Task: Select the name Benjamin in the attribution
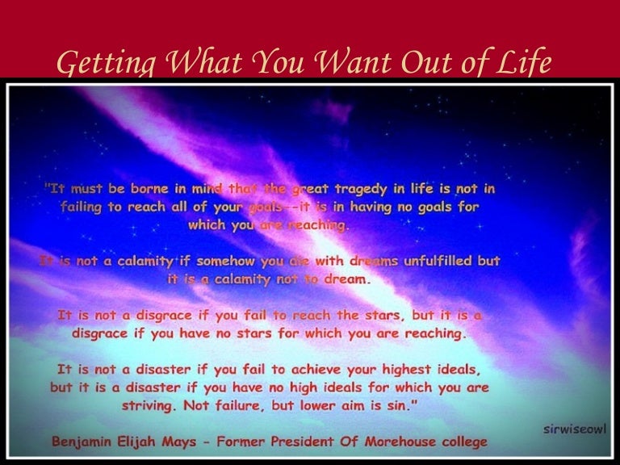[87, 442]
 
